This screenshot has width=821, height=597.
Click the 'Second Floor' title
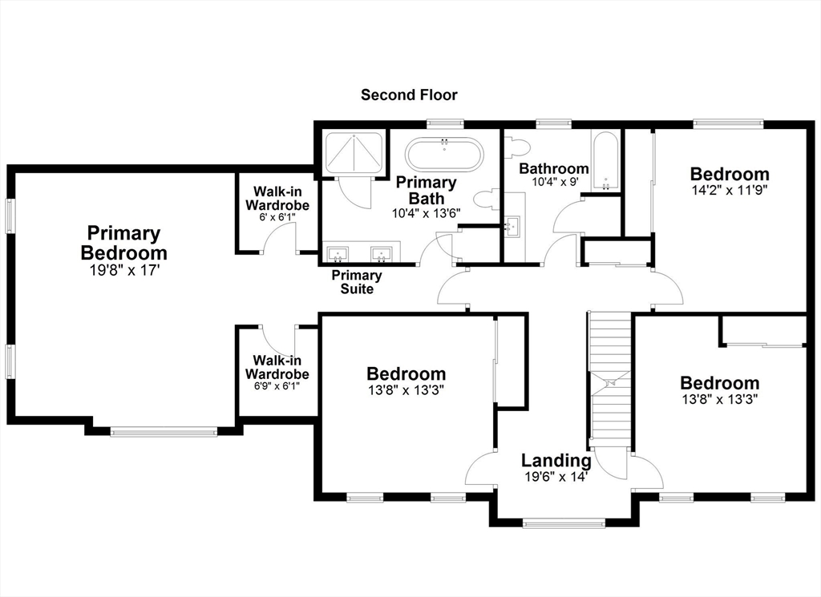409,95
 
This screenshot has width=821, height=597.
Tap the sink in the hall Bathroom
513,226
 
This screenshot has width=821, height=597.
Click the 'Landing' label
556,461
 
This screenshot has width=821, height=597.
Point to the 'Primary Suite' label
357,282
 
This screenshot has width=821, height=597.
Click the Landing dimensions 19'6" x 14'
556,477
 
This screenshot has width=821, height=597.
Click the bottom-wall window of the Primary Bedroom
164,432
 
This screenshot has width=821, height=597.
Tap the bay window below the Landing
563,524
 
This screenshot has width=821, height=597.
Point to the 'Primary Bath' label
426,191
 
